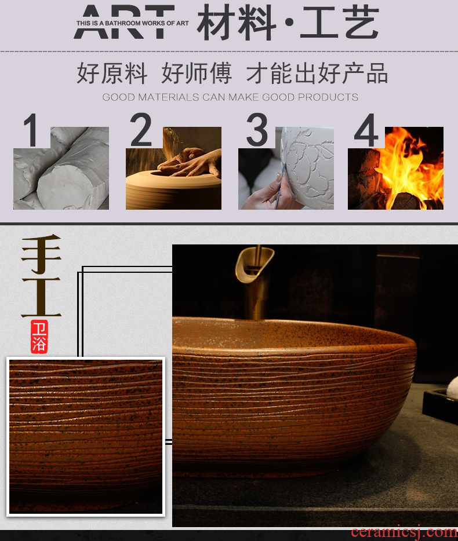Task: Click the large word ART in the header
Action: [124, 22]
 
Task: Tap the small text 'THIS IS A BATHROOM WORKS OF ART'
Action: [132, 23]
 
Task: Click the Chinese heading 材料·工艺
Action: [288, 22]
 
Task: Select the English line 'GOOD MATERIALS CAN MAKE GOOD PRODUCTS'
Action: [230, 97]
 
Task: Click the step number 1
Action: [31, 130]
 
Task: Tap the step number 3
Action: [257, 130]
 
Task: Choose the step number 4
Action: [366, 130]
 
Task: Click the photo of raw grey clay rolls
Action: [61, 168]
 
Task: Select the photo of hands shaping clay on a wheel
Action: [173, 168]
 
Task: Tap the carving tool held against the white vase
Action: [280, 187]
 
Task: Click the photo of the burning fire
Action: [395, 168]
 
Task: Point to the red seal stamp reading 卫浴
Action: [39, 337]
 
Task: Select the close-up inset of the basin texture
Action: [86, 437]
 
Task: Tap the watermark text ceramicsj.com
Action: [404, 533]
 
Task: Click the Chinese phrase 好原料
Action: [112, 73]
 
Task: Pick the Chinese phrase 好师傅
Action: [197, 73]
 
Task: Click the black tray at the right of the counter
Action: [441, 405]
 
